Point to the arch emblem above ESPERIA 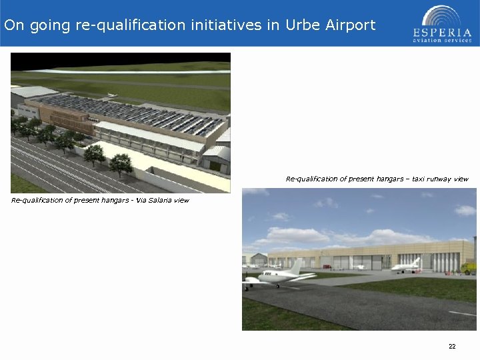click(441, 15)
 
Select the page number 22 click(452, 347)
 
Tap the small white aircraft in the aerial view click(112, 95)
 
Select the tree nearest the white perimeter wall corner click(121, 162)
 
